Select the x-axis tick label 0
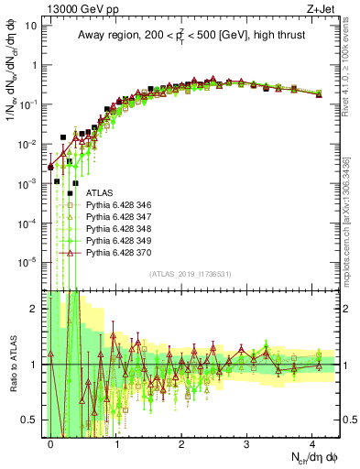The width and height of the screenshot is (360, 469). [50, 442]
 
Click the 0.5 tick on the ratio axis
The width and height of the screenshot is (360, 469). [30, 420]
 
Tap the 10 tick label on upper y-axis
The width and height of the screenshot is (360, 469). [30, 26]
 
